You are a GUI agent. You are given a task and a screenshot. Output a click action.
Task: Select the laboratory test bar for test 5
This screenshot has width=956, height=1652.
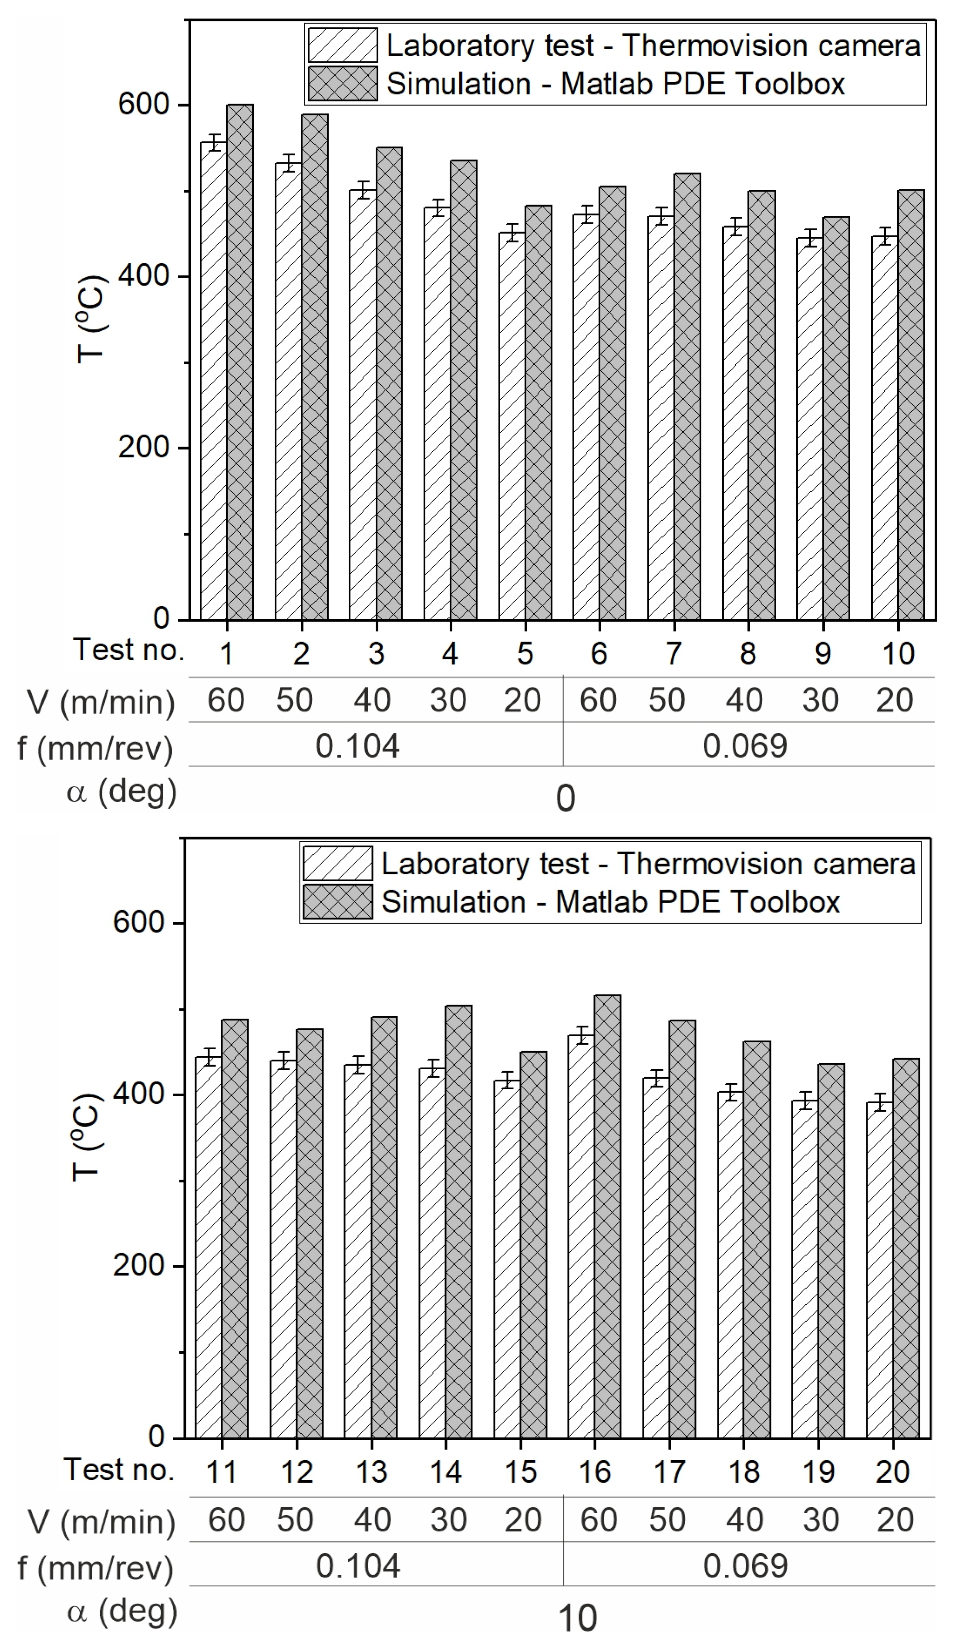(x=512, y=426)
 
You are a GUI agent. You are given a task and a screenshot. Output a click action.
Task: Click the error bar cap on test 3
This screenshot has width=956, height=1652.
(x=363, y=182)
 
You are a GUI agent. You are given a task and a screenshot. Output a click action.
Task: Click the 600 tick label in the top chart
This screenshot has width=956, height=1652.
(x=143, y=104)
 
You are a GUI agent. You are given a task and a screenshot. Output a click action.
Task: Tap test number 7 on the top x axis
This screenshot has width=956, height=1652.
(x=674, y=653)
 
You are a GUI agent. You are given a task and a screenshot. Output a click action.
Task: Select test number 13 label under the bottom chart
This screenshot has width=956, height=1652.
(x=371, y=1472)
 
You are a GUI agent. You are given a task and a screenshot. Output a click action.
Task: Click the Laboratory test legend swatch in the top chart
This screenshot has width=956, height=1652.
(x=342, y=45)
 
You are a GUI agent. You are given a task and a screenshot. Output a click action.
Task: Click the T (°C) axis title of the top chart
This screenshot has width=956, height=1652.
(x=91, y=318)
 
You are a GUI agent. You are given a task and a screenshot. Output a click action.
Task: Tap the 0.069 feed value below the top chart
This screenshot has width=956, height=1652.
(x=744, y=746)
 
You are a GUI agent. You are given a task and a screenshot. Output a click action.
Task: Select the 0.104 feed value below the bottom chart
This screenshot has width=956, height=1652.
(x=357, y=1565)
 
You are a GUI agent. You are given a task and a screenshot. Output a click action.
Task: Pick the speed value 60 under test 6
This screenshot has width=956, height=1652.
(x=597, y=700)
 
